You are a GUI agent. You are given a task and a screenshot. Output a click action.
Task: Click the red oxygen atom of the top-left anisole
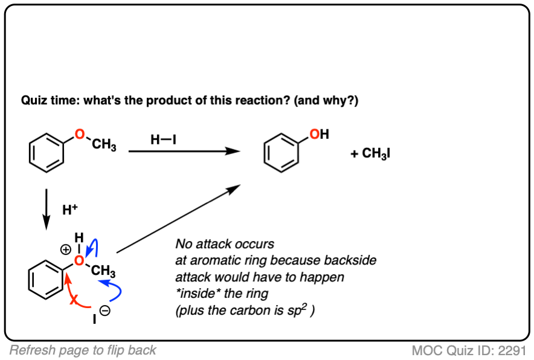pyautogui.click(x=80, y=134)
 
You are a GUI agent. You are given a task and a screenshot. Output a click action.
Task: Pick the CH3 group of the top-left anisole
pyautogui.click(x=104, y=146)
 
